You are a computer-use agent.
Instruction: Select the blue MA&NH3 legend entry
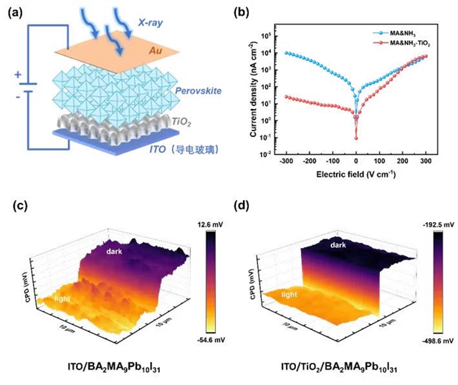tap(401, 33)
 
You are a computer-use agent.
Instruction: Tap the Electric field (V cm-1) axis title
tap(356, 174)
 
